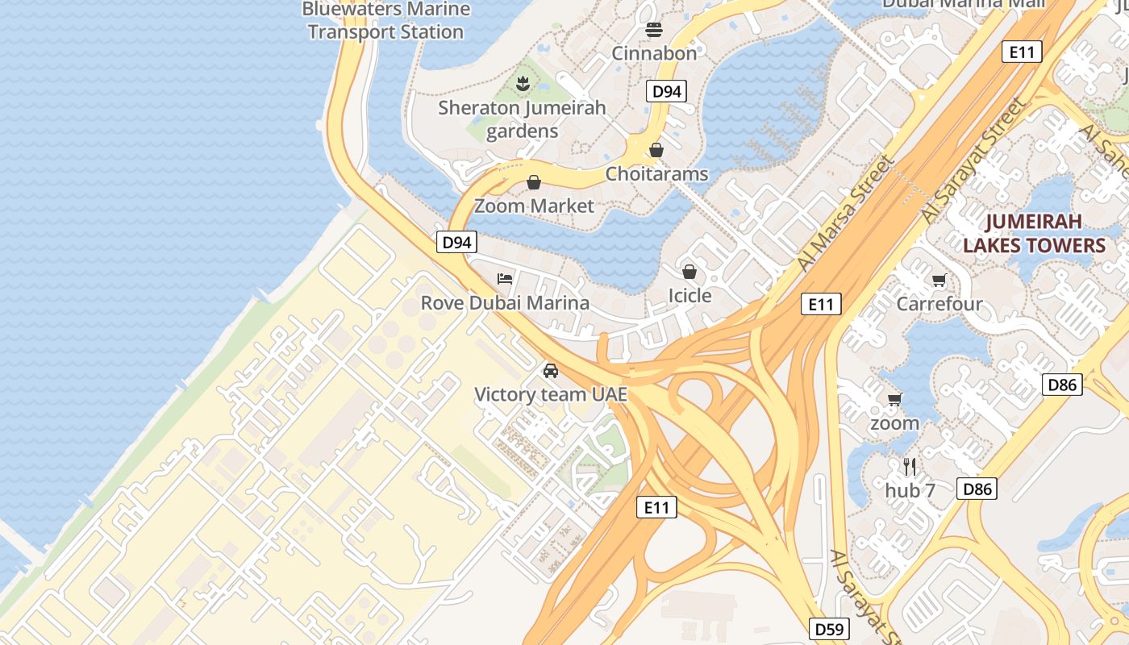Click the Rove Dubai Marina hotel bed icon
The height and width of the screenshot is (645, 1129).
click(x=505, y=279)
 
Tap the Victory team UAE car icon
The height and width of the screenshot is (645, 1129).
click(x=551, y=371)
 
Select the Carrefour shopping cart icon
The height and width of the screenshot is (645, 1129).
click(x=939, y=280)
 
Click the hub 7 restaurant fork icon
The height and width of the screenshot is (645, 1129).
click(x=910, y=466)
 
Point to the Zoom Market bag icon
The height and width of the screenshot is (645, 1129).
click(x=533, y=182)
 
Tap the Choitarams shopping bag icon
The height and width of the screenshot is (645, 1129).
click(x=656, y=150)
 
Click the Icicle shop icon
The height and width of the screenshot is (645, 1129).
click(x=689, y=272)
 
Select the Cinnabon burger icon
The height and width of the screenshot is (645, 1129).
click(x=654, y=30)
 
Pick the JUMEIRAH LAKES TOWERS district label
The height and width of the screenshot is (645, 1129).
click(x=1034, y=234)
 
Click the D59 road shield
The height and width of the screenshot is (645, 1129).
click(x=829, y=628)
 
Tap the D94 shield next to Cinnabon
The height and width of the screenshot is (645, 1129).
click(x=666, y=91)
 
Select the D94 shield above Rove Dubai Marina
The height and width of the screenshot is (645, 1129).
click(x=457, y=242)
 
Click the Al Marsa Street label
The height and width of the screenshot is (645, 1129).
click(x=845, y=214)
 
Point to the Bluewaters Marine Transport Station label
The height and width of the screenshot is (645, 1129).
click(x=385, y=21)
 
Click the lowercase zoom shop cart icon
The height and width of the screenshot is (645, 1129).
click(x=894, y=399)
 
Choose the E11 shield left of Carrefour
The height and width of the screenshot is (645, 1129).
click(x=821, y=304)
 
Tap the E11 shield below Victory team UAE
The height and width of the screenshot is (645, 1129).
click(x=656, y=507)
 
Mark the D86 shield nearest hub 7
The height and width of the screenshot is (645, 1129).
click(x=977, y=489)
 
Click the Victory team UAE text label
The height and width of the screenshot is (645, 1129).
click(x=551, y=395)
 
